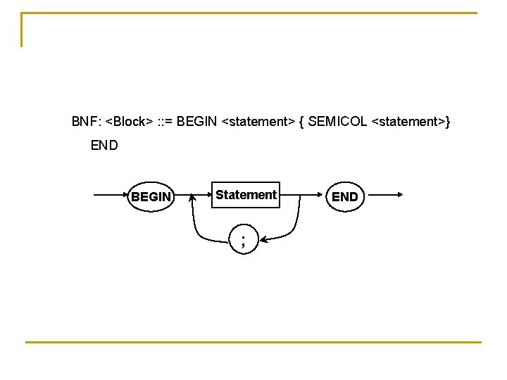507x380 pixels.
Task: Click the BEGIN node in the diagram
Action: coord(151,197)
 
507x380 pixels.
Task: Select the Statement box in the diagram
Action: coord(246,195)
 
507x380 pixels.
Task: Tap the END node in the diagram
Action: coord(344,197)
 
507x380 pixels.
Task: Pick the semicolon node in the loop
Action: coord(244,241)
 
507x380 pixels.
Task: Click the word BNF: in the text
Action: coord(86,122)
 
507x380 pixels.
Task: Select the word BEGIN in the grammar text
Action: coord(198,122)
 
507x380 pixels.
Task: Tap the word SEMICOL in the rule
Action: coord(337,122)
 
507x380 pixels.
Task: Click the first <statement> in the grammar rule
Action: coord(258,122)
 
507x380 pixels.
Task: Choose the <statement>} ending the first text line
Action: coord(411,122)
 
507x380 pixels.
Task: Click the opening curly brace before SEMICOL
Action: coord(301,122)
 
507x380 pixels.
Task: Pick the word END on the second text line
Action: coord(104,146)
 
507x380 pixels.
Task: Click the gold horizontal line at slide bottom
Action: coord(254,342)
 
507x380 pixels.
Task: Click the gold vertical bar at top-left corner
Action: coord(22,30)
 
